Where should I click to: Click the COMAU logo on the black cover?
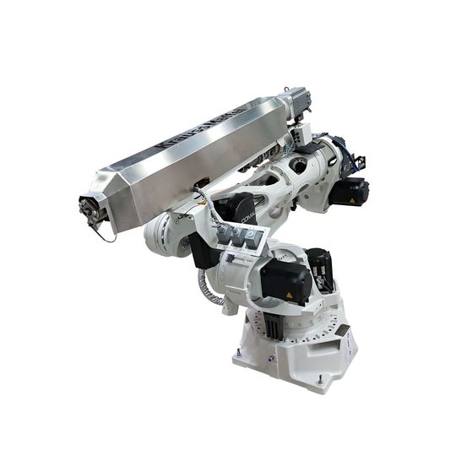[x=250, y=217]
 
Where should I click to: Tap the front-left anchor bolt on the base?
[x=239, y=353]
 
